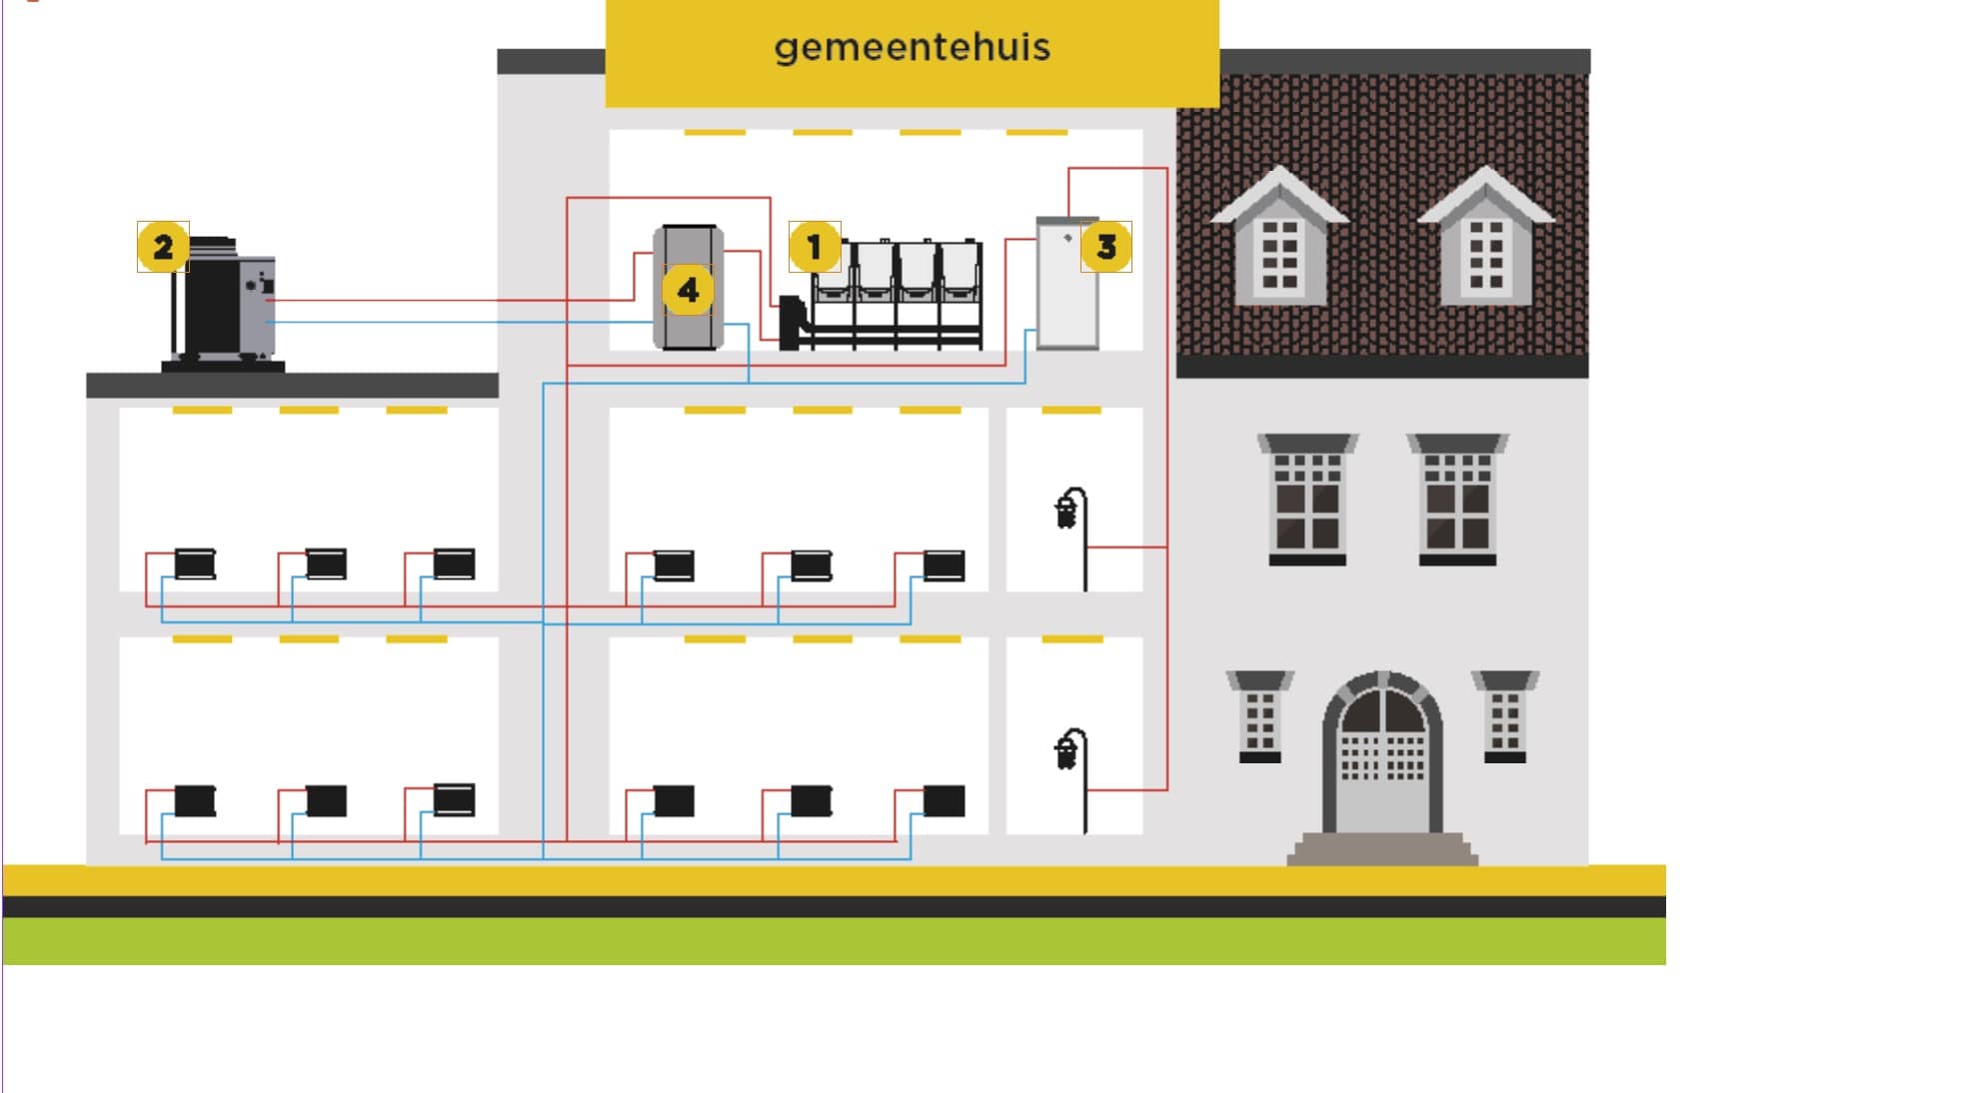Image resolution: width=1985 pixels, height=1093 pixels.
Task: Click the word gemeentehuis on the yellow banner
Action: (x=912, y=47)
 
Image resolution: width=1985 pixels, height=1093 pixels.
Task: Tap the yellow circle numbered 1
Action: (x=814, y=247)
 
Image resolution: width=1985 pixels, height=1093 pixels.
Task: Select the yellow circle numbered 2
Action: (x=163, y=247)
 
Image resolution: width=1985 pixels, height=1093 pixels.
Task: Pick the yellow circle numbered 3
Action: (x=1105, y=247)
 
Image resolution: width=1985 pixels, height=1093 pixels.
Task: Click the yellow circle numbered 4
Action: (x=688, y=291)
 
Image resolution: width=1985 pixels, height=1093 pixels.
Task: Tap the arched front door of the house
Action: (x=1382, y=759)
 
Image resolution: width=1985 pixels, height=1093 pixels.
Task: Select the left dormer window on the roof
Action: (x=1279, y=250)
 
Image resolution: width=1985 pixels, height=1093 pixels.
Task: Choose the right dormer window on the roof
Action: (x=1485, y=250)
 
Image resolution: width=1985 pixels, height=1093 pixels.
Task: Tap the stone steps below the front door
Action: (x=1382, y=849)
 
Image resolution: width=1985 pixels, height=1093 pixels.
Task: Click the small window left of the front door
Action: (x=1260, y=719)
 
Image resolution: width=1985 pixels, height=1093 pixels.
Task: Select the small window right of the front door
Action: (x=1505, y=719)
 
